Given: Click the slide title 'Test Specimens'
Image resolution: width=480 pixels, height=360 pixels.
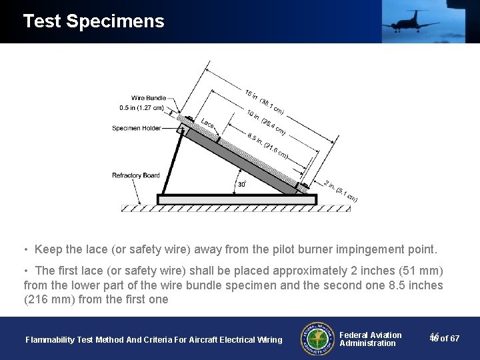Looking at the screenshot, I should click(x=93, y=21).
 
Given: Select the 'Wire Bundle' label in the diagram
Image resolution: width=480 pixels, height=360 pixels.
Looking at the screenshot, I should click(x=149, y=98).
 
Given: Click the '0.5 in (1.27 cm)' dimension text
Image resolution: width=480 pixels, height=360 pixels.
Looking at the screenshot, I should click(x=141, y=108).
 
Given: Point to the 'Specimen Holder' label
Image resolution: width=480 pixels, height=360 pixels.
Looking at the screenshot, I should click(x=136, y=128).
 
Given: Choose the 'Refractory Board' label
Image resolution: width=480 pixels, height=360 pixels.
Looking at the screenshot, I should click(x=136, y=175).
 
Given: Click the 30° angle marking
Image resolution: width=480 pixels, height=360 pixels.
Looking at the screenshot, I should click(x=242, y=184).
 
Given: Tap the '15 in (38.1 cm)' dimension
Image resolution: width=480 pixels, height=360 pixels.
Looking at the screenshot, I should click(x=264, y=101).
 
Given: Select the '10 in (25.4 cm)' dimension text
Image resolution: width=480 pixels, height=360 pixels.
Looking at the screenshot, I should click(x=265, y=122).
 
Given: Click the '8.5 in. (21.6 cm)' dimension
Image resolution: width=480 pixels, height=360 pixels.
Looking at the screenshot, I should click(x=267, y=146).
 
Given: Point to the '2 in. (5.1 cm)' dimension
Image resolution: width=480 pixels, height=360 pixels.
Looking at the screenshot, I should click(x=340, y=191).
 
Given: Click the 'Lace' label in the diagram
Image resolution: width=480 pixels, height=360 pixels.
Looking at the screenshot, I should click(x=207, y=123).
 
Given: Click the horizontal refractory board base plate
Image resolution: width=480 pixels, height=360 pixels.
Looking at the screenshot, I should click(x=227, y=199).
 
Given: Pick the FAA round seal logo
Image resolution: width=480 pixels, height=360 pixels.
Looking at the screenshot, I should click(x=317, y=338).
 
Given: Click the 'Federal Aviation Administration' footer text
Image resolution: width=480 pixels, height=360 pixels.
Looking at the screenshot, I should click(x=370, y=339).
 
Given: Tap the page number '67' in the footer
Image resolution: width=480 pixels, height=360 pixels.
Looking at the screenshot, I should click(x=454, y=339).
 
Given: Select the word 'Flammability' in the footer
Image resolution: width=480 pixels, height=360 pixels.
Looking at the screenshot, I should click(x=49, y=340).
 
